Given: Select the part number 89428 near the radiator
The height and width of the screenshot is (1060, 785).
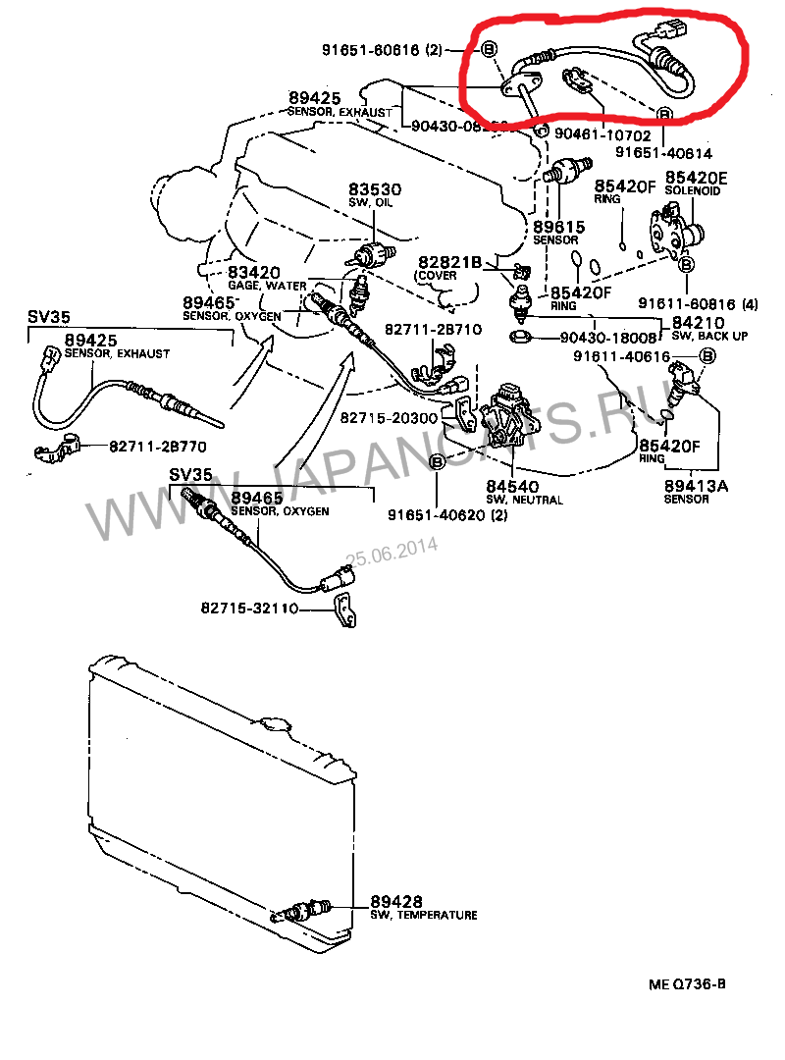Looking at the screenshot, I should point(396,901).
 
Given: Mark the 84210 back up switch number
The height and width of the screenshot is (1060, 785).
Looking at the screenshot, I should point(698,322).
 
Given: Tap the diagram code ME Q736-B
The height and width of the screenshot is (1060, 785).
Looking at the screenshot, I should point(687,984).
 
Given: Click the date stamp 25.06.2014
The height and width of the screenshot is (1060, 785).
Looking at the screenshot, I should point(392,552).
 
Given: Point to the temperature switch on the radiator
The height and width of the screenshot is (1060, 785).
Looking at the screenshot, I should point(304,910).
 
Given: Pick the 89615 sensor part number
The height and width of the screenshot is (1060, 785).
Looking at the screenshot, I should point(558,227).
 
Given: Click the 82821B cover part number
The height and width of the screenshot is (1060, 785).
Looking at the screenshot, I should point(450,262).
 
